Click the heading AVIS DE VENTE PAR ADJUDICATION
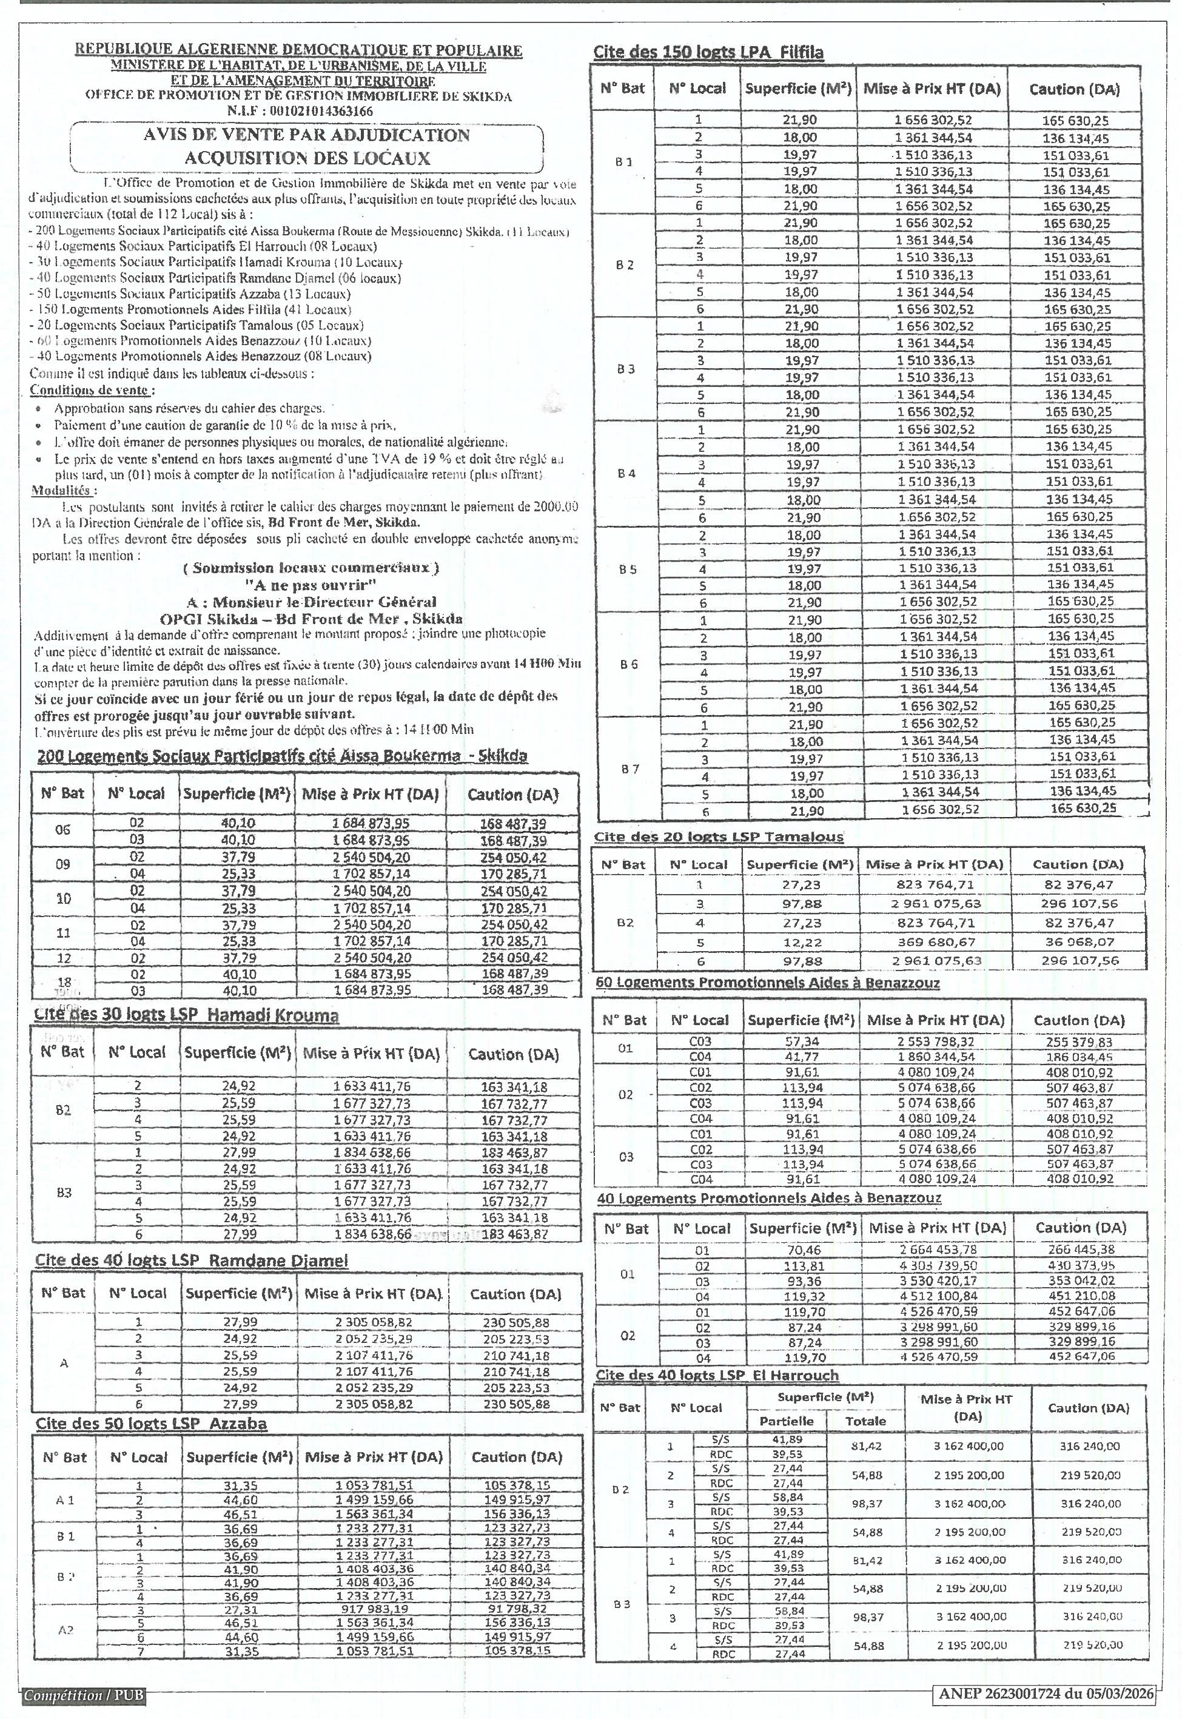click(307, 135)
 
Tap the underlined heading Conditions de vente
click(92, 390)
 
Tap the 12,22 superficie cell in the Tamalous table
click(801, 942)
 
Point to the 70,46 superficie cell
click(803, 1250)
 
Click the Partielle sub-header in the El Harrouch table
click(786, 1421)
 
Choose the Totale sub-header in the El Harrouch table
click(865, 1421)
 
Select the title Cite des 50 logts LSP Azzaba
click(151, 1424)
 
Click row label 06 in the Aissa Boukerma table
click(62, 830)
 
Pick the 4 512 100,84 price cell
click(938, 1296)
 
